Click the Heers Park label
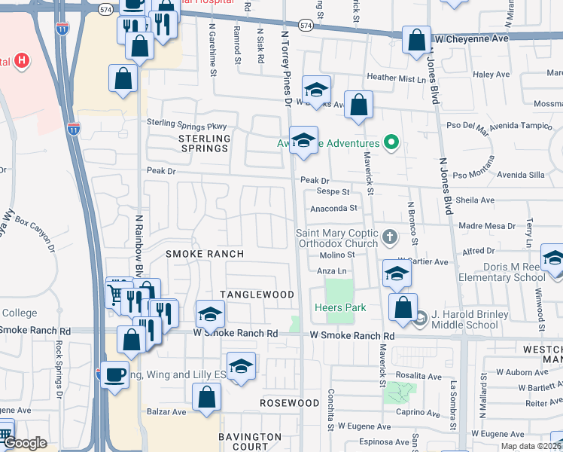tap(341, 307)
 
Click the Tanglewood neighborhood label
tap(257, 294)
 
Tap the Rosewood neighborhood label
tap(290, 403)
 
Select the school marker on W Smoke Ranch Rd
tap(211, 313)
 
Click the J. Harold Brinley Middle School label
tap(458, 320)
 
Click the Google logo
tap(25, 444)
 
